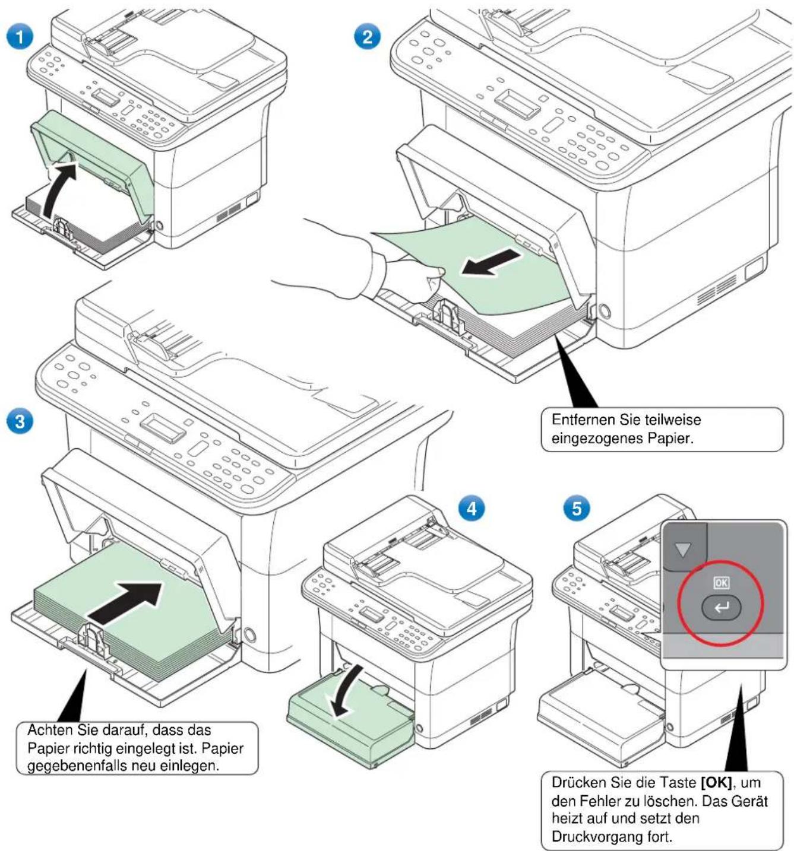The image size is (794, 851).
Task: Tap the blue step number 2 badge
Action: (367, 36)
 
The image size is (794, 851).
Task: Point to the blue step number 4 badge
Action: (472, 508)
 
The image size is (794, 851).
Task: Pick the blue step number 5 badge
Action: (576, 508)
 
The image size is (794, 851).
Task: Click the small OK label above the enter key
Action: (720, 582)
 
